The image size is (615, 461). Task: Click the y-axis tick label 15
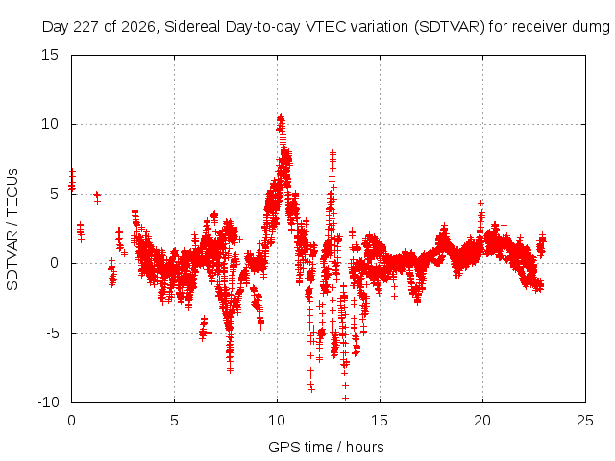pos(50,55)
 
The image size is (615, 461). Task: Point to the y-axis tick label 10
pos(50,124)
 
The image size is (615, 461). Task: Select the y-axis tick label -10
pos(48,402)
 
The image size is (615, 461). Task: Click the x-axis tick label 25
pos(585,421)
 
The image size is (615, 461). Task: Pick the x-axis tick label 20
pos(482,421)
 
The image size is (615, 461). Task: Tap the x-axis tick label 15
pos(380,421)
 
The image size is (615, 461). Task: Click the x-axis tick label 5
pos(174,421)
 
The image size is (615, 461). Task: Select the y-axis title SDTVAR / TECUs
pos(12,230)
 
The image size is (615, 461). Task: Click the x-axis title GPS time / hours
pos(326,447)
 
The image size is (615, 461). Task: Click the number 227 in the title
pos(88,27)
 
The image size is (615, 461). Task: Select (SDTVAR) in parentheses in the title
pos(450,27)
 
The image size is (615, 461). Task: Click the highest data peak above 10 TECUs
pos(281,117)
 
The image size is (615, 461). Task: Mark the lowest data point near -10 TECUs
pos(345,398)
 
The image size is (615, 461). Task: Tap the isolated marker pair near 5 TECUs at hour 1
pos(97,198)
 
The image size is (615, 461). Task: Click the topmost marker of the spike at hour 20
pos(480,203)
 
